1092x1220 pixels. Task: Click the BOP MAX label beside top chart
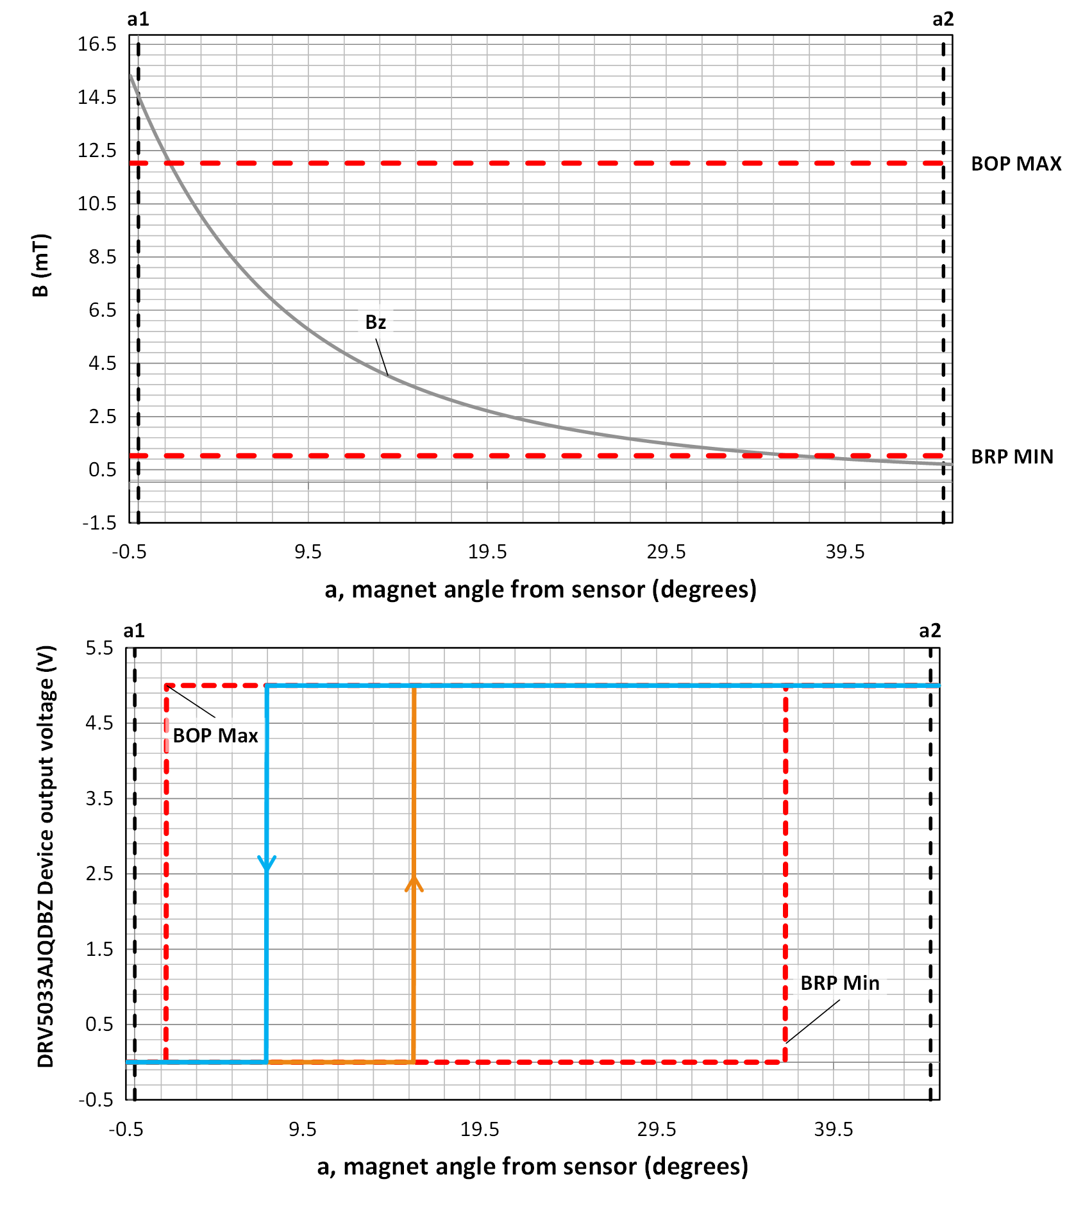coord(1016,164)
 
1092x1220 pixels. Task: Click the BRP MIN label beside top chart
coord(1012,457)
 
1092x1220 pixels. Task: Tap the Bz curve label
coord(375,322)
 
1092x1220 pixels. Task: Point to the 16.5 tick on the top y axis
coord(97,44)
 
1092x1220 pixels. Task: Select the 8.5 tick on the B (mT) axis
coord(103,257)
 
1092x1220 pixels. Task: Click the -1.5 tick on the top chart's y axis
coord(99,523)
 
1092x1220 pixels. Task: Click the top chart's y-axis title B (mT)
coord(40,265)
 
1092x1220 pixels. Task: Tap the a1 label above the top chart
coord(138,19)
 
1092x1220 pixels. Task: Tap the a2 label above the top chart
coord(943,19)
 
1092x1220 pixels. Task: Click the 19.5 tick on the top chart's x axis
coord(487,552)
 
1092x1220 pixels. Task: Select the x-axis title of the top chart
coord(541,589)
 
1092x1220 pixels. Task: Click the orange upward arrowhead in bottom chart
coord(414,884)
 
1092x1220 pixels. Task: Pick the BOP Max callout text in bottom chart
coord(215,736)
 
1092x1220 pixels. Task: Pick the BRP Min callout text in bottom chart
coord(839,983)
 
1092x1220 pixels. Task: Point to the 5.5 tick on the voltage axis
coord(99,648)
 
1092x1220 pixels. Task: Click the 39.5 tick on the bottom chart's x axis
coord(834,1130)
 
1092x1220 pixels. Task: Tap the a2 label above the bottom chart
coord(930,631)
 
